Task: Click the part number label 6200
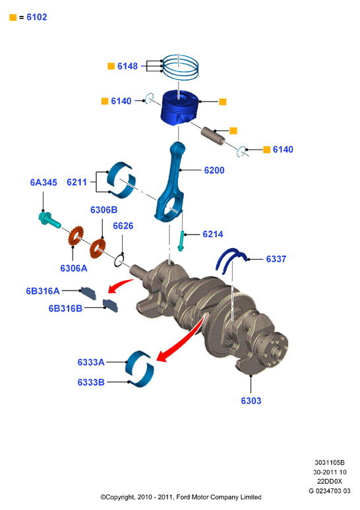(214, 170)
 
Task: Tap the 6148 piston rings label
(128, 66)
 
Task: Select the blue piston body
(180, 107)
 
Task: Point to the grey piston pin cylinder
(212, 136)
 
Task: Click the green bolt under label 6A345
(49, 219)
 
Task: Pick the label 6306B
(104, 210)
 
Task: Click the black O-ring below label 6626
(119, 261)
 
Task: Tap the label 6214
(213, 234)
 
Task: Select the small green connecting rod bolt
(181, 241)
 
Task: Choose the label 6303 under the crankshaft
(251, 401)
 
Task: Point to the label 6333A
(91, 362)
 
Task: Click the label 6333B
(91, 382)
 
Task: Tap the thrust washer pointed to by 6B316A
(88, 293)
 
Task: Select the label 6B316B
(65, 308)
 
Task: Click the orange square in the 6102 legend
(13, 18)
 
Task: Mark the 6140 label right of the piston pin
(283, 150)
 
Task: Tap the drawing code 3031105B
(330, 463)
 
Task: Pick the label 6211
(77, 182)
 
